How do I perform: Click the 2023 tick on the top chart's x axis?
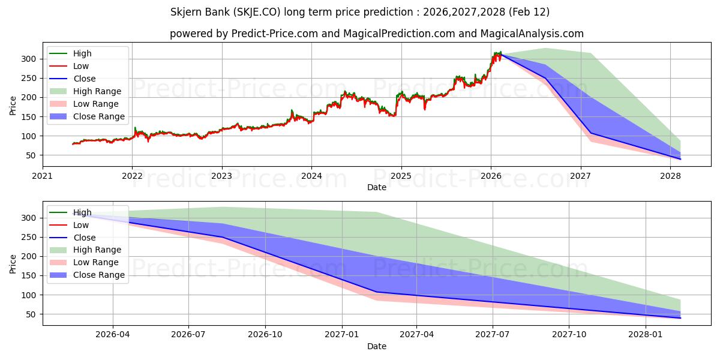pyautogui.click(x=222, y=176)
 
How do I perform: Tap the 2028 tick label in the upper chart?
pyautogui.click(x=670, y=176)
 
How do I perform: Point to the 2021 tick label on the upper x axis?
pyautogui.click(x=43, y=176)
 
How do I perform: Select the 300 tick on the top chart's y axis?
pyautogui.click(x=30, y=59)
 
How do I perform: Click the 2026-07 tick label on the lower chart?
pyautogui.click(x=188, y=335)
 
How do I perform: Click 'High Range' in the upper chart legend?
pyautogui.click(x=97, y=91)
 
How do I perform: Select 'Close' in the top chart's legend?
pyautogui.click(x=85, y=79)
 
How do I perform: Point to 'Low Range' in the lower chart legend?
pyautogui.click(x=96, y=262)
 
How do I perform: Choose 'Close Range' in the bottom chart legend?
pyautogui.click(x=99, y=275)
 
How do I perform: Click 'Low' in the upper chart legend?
pyautogui.click(x=81, y=66)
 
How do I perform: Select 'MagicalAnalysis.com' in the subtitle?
pyautogui.click(x=532, y=34)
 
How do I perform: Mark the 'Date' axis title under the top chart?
pyautogui.click(x=377, y=187)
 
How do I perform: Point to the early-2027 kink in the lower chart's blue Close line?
pyautogui.click(x=376, y=292)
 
